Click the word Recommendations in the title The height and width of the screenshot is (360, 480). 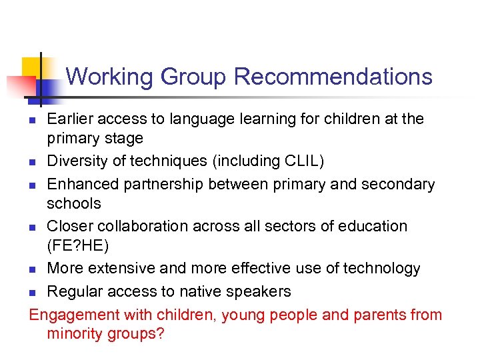333,77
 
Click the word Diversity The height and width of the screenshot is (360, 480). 79,161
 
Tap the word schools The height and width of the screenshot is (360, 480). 74,203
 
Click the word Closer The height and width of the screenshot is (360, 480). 69,225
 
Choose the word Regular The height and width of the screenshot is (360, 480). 75,291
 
